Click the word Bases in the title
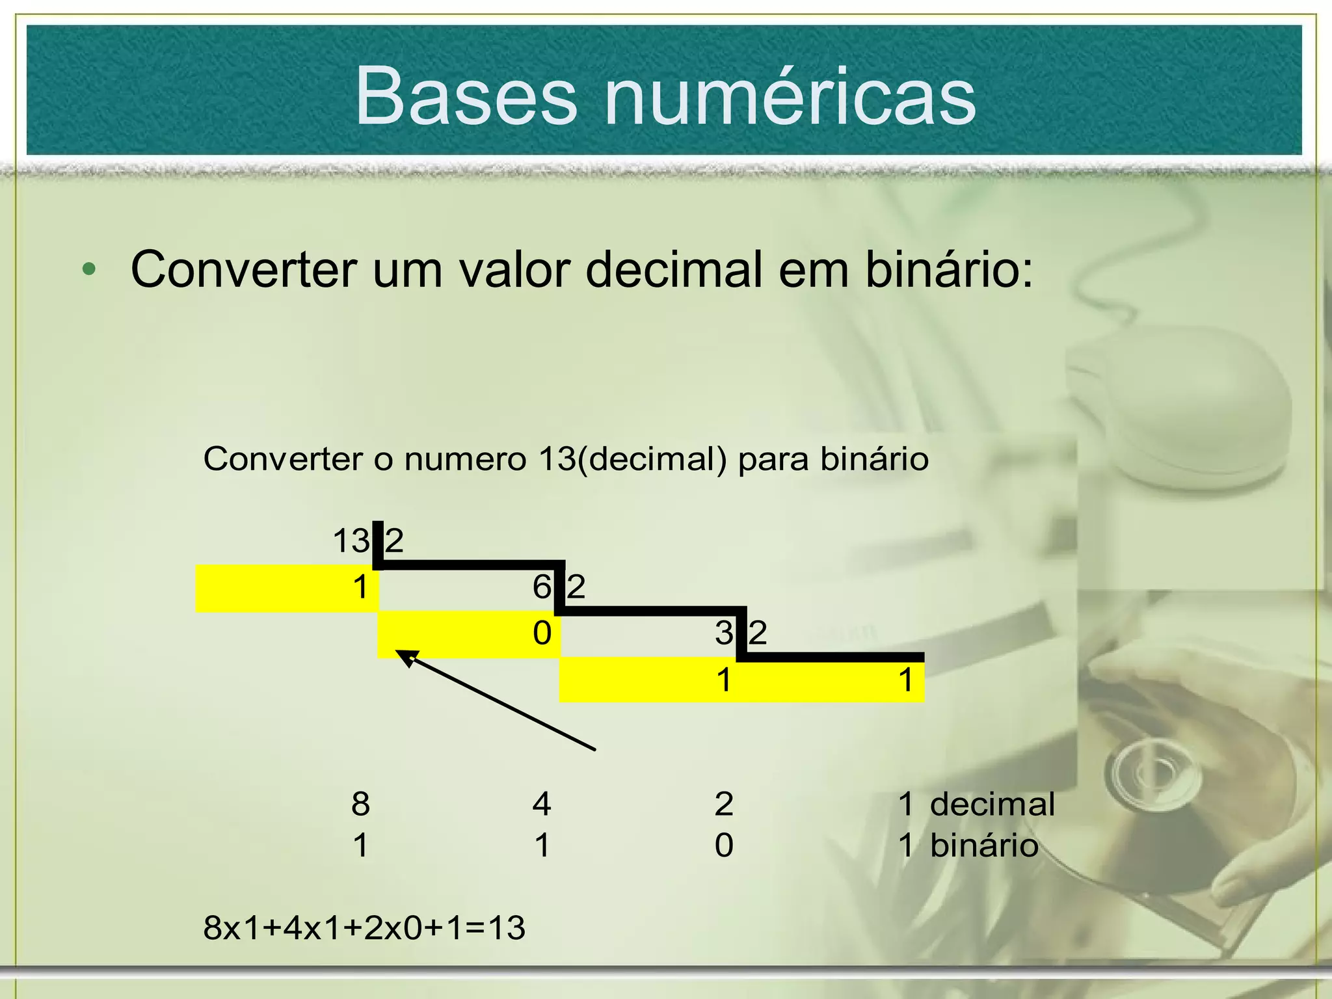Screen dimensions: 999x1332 (x=466, y=96)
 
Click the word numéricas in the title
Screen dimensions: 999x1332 (x=790, y=96)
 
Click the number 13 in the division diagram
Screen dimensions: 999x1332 (x=351, y=541)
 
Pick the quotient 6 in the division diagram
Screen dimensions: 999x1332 (x=542, y=587)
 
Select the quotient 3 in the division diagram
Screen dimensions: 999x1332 (x=724, y=633)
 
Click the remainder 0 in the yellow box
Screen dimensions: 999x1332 (x=542, y=633)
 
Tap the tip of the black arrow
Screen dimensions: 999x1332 (x=399, y=652)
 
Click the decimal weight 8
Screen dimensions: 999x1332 (x=361, y=804)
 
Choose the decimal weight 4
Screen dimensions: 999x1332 (x=542, y=804)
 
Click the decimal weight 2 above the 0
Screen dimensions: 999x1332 (x=724, y=804)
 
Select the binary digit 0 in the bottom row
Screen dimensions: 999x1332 (x=724, y=846)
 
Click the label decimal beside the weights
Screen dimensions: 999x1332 (x=992, y=804)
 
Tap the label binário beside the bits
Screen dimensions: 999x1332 (x=984, y=846)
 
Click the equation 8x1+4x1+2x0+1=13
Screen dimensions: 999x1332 (x=364, y=927)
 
